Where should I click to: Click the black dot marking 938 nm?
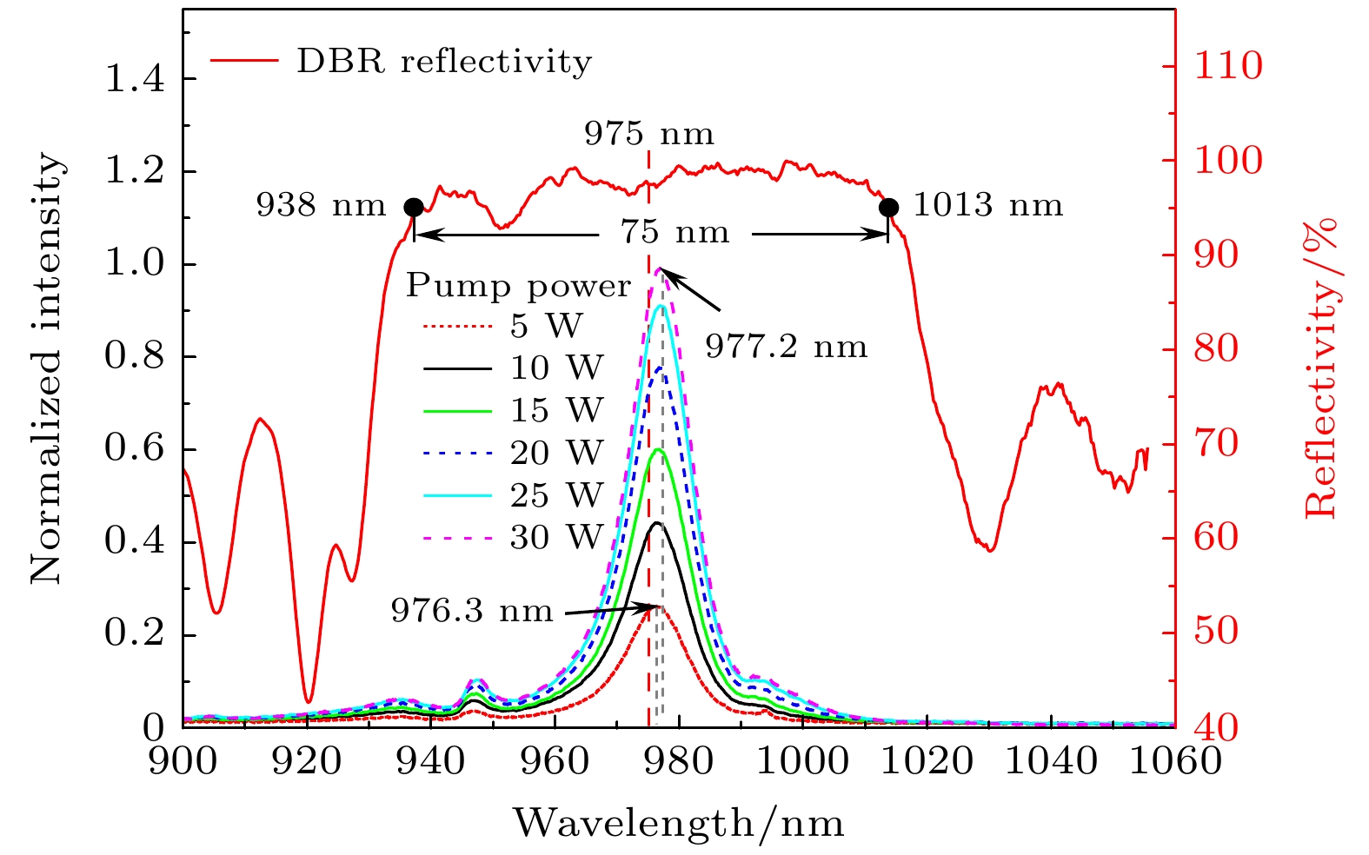coord(414,207)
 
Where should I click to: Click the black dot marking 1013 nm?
coord(888,207)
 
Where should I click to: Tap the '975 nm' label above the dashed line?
coord(648,135)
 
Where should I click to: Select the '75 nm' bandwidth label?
coord(675,233)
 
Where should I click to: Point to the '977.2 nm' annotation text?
coord(786,348)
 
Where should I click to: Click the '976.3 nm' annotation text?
coord(472,611)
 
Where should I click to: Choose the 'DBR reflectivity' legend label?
coord(444,62)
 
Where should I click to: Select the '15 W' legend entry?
coord(556,410)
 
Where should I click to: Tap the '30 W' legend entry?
coord(556,538)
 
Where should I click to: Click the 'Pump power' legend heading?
coord(518,286)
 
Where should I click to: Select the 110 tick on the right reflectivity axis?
coord(1227,66)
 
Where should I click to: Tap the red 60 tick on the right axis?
coord(1215,538)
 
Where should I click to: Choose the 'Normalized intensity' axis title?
coord(48,369)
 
